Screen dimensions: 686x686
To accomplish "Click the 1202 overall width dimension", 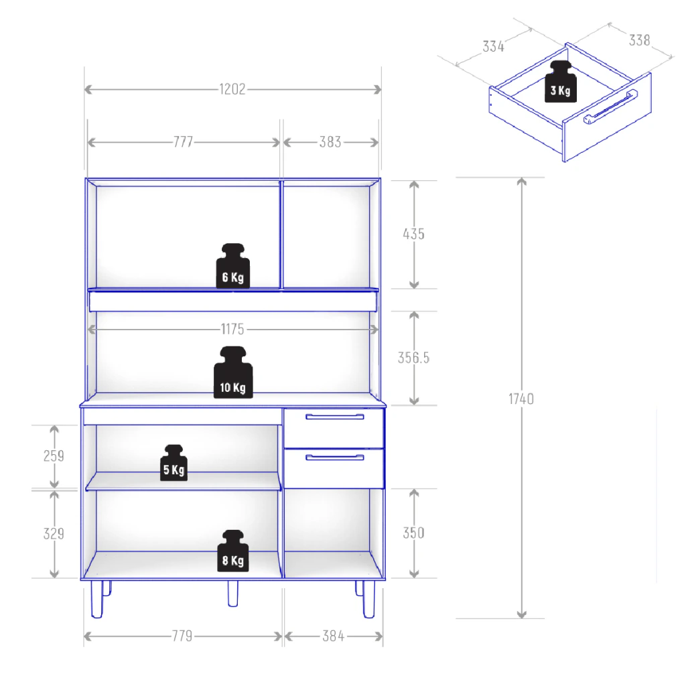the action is [232, 89].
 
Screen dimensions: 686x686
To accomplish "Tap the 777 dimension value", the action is [183, 142].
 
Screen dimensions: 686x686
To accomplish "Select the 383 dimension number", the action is [330, 142].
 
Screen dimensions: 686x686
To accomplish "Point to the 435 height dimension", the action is [413, 234].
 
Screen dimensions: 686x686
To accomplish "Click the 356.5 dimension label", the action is [413, 358].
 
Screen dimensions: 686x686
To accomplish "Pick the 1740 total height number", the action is [521, 399].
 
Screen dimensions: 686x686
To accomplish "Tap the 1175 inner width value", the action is [232, 329].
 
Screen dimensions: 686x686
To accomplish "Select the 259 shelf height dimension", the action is [54, 456].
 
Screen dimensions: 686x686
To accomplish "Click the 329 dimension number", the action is [54, 534].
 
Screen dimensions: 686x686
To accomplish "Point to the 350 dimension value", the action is [413, 533].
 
